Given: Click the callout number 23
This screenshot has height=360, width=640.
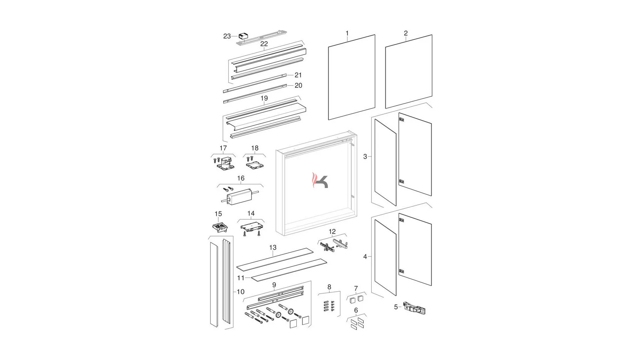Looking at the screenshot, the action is pyautogui.click(x=227, y=36).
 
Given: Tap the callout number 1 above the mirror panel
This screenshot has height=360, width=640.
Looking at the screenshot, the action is pyautogui.click(x=347, y=33).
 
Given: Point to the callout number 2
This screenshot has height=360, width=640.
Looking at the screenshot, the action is pyautogui.click(x=406, y=33).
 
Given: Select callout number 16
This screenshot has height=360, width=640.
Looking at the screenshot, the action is pyautogui.click(x=241, y=178).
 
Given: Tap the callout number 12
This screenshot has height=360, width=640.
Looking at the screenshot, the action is pyautogui.click(x=332, y=231).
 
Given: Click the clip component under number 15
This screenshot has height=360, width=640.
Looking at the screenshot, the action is pyautogui.click(x=220, y=227).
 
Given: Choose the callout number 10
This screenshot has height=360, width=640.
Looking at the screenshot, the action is pyautogui.click(x=241, y=292).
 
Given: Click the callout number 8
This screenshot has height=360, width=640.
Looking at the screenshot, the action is pyautogui.click(x=329, y=287).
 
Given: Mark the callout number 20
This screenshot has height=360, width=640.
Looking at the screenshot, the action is pyautogui.click(x=298, y=86).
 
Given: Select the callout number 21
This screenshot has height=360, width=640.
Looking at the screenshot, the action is pyautogui.click(x=298, y=75).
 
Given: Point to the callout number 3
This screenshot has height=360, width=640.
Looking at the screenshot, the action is pyautogui.click(x=365, y=157).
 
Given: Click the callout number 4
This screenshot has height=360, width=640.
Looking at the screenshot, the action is pyautogui.click(x=365, y=257).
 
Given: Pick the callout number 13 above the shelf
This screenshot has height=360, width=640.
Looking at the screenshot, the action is pyautogui.click(x=273, y=248).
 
